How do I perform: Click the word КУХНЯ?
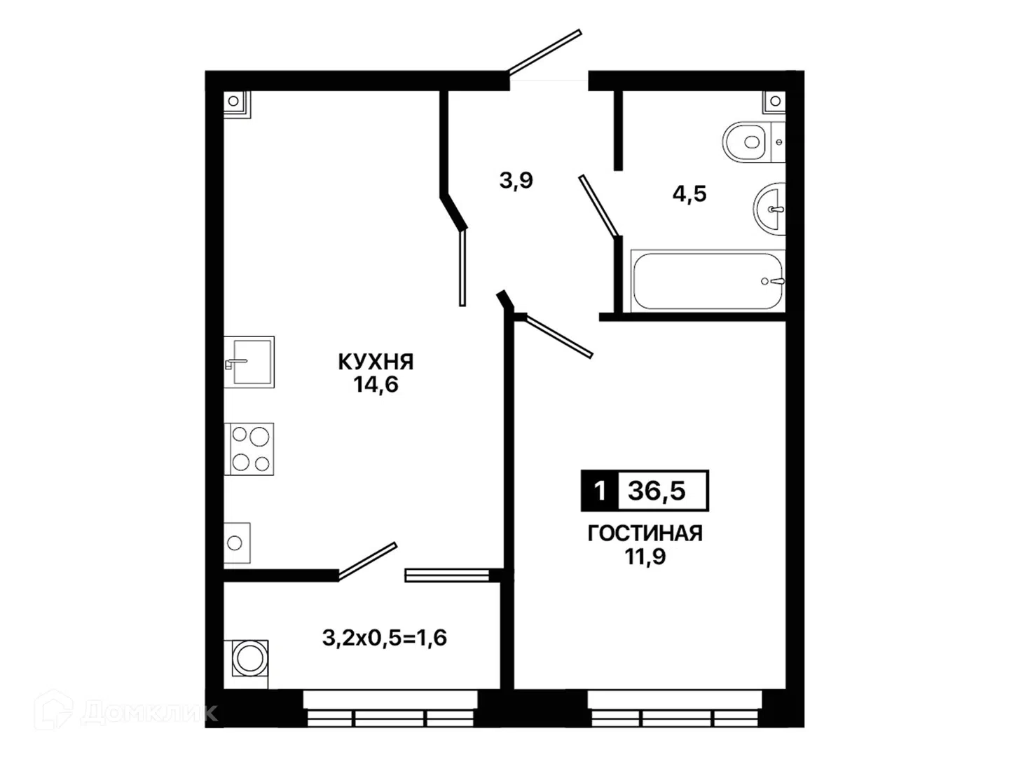coord(376,362)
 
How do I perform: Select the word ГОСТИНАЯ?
coord(645,533)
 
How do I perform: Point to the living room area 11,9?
coord(645,557)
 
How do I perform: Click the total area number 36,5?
coord(657,491)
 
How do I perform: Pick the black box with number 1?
coord(600,491)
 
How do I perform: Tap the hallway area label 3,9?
coord(516,180)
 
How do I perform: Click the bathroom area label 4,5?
coord(689,193)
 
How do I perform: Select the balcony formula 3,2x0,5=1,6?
coord(384,638)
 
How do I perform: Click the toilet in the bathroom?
coord(753,142)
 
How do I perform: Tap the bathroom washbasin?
coord(769,209)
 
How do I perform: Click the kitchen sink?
coord(249,362)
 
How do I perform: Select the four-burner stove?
coord(249,449)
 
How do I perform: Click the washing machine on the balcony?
coord(250,658)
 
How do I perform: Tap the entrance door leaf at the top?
coord(544,51)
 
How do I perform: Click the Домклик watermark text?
coord(149,713)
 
